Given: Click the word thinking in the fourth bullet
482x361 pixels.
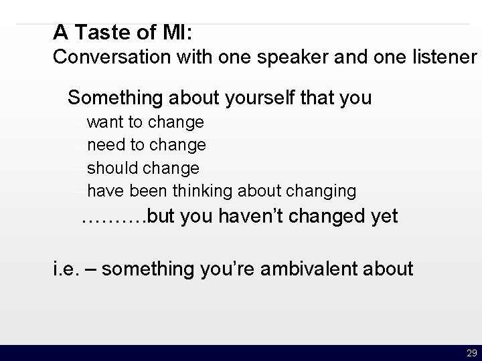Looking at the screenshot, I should click(204, 191).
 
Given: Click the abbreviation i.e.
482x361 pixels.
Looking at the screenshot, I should click(65, 269).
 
